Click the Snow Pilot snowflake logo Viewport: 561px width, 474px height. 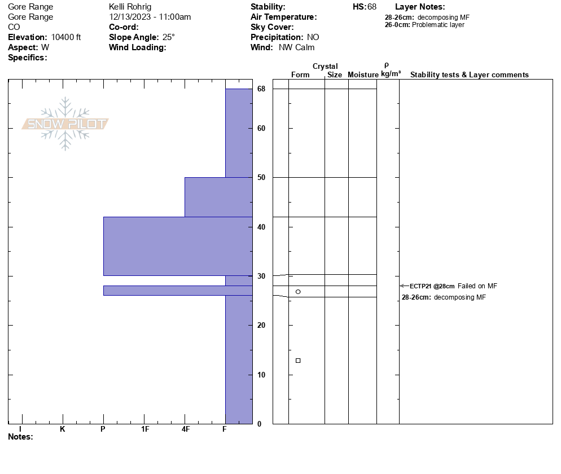[x=65, y=124]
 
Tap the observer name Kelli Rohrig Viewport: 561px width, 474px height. [x=130, y=7]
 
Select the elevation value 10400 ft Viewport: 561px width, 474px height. [x=66, y=37]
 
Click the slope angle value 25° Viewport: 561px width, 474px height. [x=169, y=37]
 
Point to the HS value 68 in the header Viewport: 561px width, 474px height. [x=371, y=7]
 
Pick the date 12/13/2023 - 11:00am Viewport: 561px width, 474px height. [x=150, y=17]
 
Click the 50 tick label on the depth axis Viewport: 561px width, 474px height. [x=261, y=178]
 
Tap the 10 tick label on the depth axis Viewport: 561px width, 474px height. [x=261, y=375]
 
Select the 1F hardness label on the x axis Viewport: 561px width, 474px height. [x=145, y=429]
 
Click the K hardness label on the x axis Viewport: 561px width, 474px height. [x=63, y=429]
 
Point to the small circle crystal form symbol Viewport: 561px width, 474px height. [x=298, y=292]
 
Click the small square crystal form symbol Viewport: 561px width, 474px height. [x=298, y=361]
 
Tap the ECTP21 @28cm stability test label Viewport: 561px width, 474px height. [x=432, y=286]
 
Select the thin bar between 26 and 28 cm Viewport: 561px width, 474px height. [x=178, y=291]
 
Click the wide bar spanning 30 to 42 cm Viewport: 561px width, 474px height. [x=178, y=246]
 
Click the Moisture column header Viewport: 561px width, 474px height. [x=363, y=75]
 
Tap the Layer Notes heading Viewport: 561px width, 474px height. [x=420, y=7]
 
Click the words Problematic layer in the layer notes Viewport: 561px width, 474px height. [x=439, y=25]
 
